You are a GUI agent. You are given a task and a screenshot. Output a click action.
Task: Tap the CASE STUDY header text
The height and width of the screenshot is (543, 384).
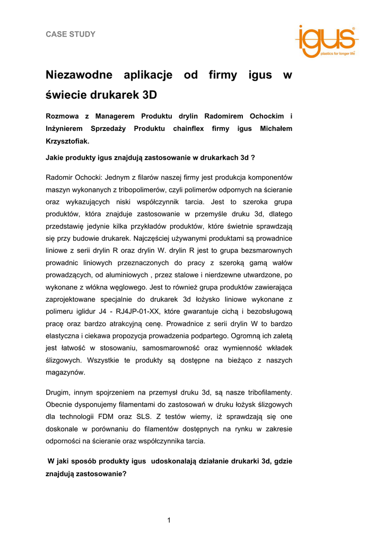[x=71, y=34]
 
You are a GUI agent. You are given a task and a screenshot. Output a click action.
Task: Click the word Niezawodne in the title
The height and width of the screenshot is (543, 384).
[x=78, y=75]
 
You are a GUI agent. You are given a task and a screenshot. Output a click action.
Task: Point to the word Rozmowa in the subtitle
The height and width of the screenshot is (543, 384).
[x=65, y=116]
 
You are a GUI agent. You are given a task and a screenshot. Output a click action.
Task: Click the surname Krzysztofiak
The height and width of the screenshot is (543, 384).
[x=67, y=142]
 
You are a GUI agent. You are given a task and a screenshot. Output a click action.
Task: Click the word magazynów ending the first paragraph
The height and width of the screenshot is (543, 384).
[x=65, y=372]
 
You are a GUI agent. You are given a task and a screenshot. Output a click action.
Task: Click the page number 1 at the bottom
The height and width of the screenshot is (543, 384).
[x=169, y=520]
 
